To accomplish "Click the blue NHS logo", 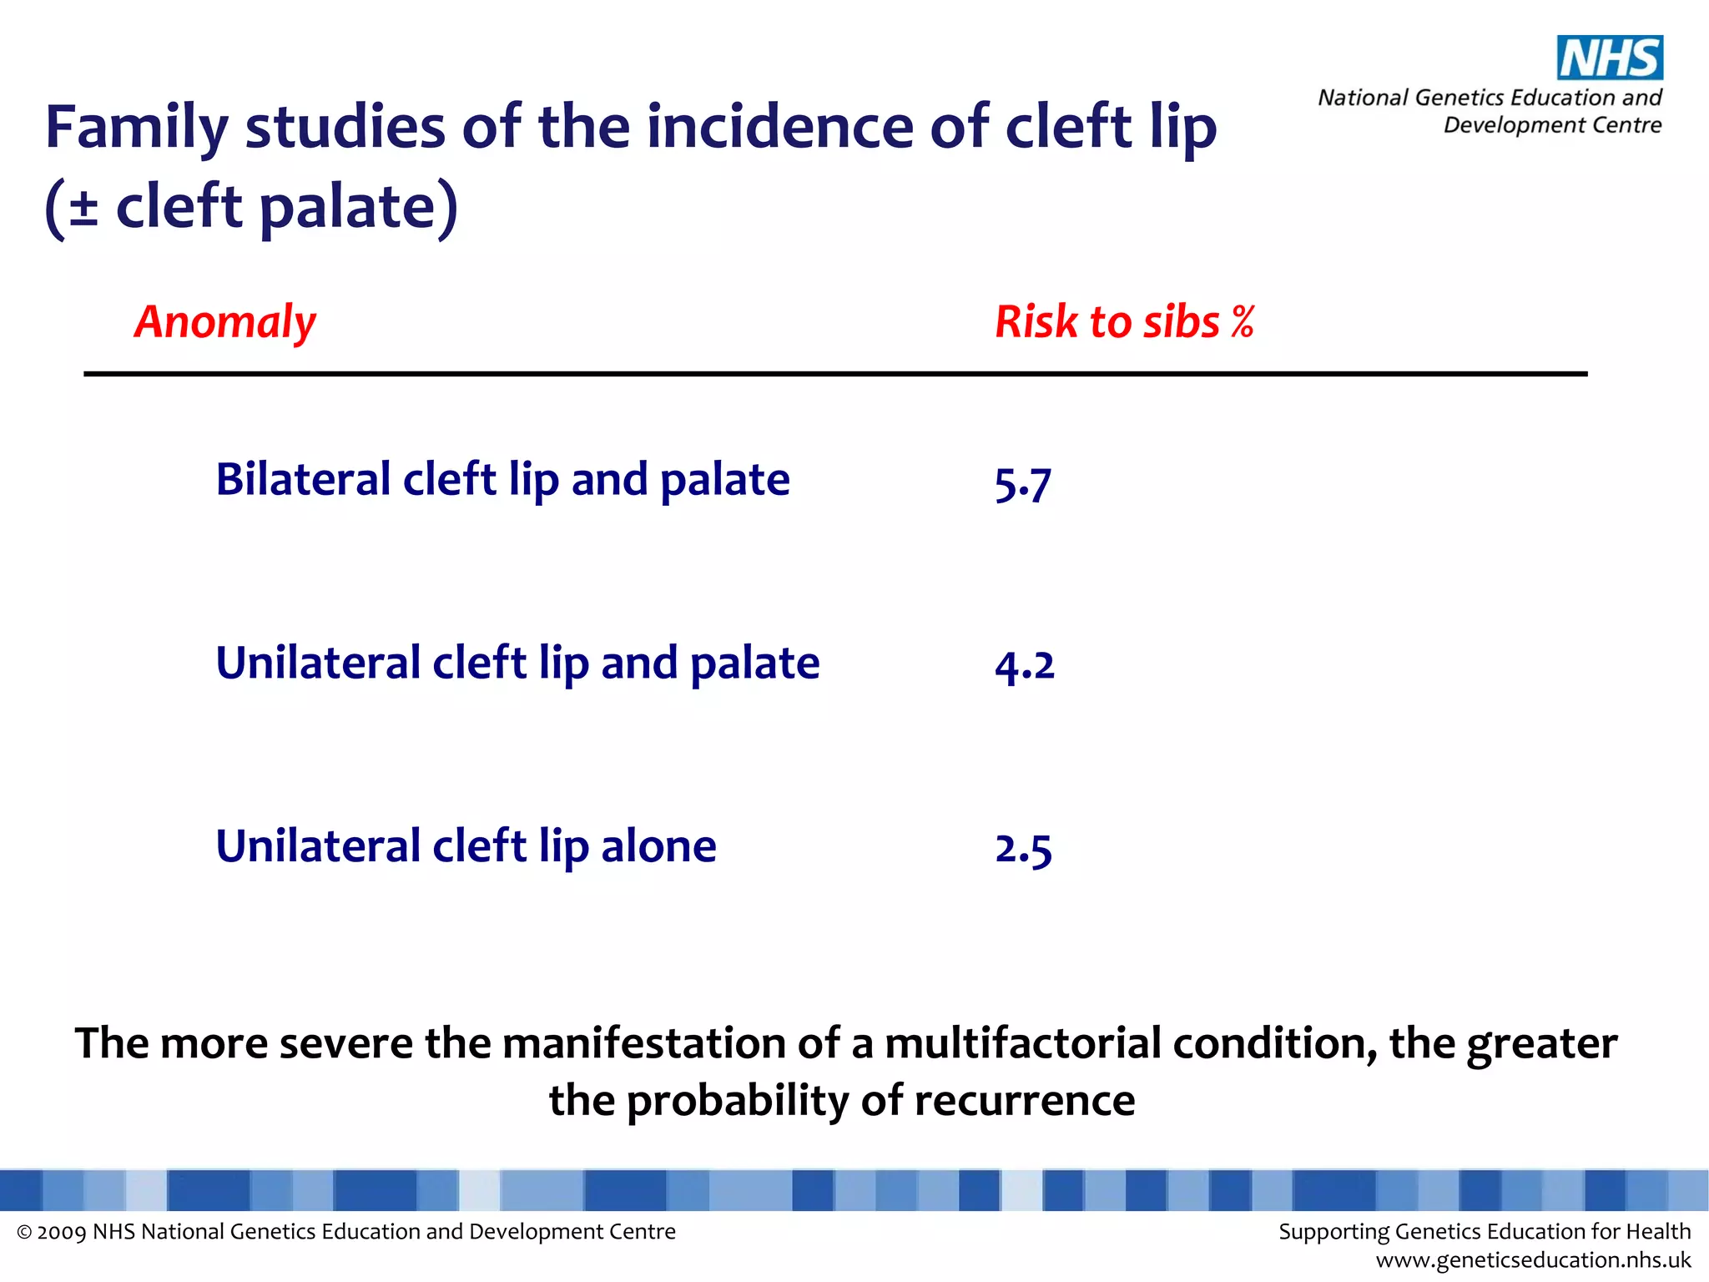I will click(1610, 58).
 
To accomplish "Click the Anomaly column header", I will click(225, 322).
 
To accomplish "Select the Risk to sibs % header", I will click(1124, 322).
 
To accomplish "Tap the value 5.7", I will click(1022, 483).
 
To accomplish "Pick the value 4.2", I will click(1025, 665).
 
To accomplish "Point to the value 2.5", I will click(1023, 849).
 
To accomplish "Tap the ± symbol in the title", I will click(83, 207).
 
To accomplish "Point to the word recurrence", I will click(1024, 1100).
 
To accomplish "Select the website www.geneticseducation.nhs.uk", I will click(1533, 1260).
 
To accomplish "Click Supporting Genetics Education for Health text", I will click(1485, 1232).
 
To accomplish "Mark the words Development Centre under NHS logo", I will click(1552, 125).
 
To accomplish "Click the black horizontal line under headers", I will click(834, 374).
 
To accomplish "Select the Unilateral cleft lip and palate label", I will click(517, 664).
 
